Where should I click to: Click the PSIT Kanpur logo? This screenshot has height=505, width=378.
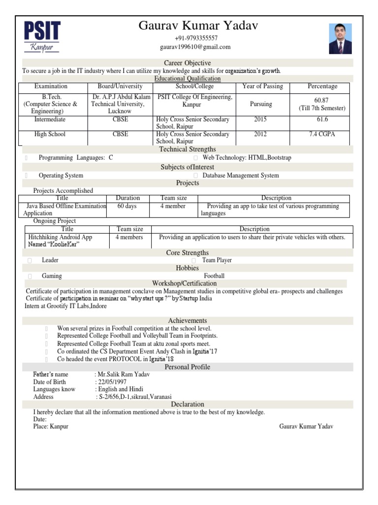(42, 36)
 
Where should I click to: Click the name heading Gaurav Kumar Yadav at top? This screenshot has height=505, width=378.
(198, 26)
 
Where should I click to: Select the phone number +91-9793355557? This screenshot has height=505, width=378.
(196, 38)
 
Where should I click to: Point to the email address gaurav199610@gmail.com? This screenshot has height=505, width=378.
(195, 47)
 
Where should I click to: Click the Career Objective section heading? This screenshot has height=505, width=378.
(187, 63)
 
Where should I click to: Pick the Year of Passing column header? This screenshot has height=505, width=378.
(262, 86)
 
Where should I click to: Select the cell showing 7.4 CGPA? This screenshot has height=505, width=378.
(322, 134)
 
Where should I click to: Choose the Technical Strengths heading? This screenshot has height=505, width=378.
(187, 149)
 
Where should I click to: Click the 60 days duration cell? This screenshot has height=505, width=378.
(127, 206)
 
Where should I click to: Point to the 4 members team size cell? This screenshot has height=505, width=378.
(129, 237)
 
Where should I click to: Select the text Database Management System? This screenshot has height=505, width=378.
(241, 176)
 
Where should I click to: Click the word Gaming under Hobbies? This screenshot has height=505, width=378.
(52, 276)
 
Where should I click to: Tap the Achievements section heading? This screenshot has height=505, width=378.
(187, 321)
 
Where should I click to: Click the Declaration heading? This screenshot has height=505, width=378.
(187, 404)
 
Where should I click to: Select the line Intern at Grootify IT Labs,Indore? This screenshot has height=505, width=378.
(65, 306)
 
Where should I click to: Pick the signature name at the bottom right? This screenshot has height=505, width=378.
(306, 427)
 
